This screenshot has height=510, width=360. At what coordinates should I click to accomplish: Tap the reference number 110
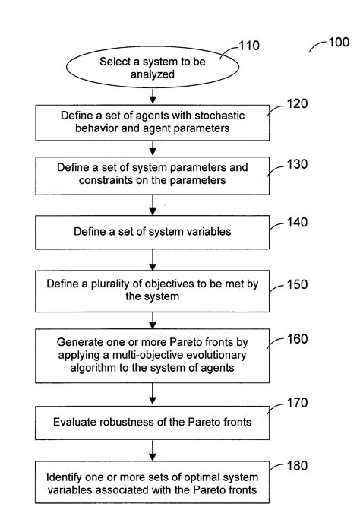[248, 46]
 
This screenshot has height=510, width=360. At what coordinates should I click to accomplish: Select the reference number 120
[297, 104]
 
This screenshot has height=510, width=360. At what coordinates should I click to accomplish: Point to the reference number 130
[297, 163]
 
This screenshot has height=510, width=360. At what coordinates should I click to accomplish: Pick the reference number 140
[297, 224]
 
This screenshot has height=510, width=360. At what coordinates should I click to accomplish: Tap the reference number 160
[297, 339]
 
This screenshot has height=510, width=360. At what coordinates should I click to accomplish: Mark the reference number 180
[297, 466]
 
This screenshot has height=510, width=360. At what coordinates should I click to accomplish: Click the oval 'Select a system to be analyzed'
[153, 68]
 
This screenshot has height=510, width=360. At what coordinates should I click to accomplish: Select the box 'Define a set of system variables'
[152, 230]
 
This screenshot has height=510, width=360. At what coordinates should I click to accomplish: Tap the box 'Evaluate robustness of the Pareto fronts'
[152, 421]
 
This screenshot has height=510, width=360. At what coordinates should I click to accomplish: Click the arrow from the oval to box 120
[153, 97]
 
